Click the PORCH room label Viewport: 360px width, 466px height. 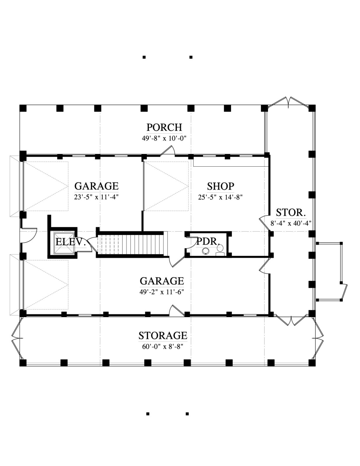[164, 127]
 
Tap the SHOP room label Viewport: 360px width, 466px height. [220, 186]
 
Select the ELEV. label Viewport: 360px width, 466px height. [71, 242]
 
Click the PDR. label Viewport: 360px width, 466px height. [208, 242]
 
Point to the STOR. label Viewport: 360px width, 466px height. [291, 213]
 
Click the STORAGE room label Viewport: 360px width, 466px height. [163, 336]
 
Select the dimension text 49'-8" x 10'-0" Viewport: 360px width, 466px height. [163, 138]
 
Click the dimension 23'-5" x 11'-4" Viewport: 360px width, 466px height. [96, 197]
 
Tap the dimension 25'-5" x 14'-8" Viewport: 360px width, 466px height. [220, 197]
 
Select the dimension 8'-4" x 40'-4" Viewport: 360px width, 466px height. [291, 223]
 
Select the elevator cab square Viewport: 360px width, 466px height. [63, 243]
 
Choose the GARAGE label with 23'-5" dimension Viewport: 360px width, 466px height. [96, 186]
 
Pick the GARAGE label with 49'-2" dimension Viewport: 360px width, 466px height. [162, 281]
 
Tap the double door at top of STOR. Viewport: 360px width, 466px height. [289, 103]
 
